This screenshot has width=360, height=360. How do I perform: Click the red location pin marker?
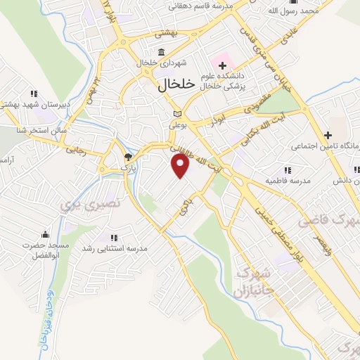[x=181, y=166]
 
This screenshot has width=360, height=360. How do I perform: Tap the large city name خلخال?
[x=171, y=85]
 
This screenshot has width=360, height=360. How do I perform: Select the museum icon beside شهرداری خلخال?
[x=162, y=53]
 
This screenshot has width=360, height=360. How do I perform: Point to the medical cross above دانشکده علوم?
[x=222, y=65]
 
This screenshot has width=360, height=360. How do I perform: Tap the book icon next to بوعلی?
[x=177, y=114]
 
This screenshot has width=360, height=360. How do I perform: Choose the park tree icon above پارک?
[x=127, y=157]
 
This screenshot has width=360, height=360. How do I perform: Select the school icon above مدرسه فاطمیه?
[x=287, y=169]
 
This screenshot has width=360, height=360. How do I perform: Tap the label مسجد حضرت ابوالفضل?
[x=45, y=250]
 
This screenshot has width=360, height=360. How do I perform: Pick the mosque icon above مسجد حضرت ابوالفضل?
[x=46, y=234]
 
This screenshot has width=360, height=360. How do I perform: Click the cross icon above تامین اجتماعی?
[x=328, y=135]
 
